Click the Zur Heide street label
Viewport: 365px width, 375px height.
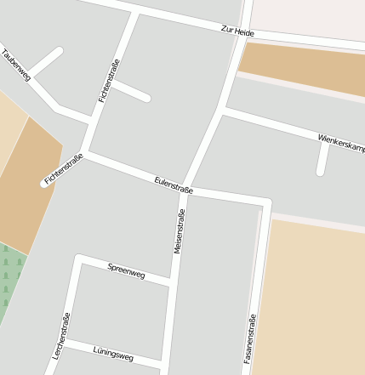click(x=237, y=31)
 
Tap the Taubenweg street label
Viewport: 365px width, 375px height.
click(x=16, y=65)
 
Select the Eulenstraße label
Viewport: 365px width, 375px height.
click(x=174, y=185)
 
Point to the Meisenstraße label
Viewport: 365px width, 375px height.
click(x=179, y=230)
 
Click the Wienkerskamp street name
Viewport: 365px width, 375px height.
click(x=340, y=142)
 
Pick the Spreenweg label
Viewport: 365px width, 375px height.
click(x=126, y=271)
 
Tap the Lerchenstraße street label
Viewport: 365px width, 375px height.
click(x=61, y=336)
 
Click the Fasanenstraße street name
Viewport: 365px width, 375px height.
click(x=249, y=340)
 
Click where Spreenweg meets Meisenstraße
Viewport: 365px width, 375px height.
click(x=172, y=282)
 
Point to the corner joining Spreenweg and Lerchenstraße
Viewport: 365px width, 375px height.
click(x=79, y=258)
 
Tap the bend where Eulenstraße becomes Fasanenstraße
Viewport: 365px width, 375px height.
click(x=267, y=202)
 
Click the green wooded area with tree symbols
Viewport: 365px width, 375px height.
click(x=9, y=281)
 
